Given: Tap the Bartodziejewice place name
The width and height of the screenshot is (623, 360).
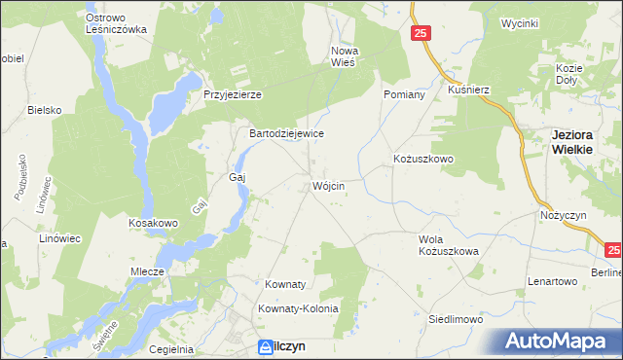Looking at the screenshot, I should point(286,133).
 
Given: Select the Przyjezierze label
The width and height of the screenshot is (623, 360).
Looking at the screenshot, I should point(233,94).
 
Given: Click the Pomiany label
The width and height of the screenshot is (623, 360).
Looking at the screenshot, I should point(405,94).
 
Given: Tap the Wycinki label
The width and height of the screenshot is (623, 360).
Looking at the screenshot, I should point(519,22).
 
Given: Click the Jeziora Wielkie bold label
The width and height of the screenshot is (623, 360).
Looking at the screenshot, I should point(579,142).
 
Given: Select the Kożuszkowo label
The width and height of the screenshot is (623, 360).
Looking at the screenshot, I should point(423,159).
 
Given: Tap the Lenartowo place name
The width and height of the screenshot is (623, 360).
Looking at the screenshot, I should point(553,281).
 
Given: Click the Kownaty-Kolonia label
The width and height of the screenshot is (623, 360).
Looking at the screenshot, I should point(298,308).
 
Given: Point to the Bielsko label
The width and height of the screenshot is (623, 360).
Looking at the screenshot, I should point(45,110).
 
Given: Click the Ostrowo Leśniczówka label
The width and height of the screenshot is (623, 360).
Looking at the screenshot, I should point(116,23).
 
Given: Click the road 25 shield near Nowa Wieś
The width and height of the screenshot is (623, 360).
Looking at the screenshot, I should point(420,34).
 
